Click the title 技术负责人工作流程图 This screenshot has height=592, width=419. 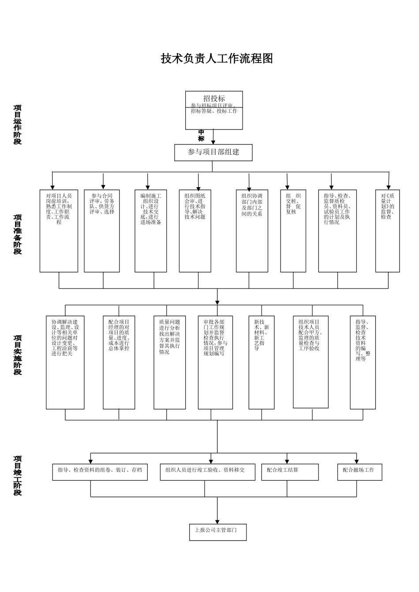coord(217,59)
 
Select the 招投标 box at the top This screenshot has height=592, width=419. coord(214,110)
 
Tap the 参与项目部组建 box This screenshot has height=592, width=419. coord(213,152)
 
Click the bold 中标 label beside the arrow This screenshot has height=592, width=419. coord(201,136)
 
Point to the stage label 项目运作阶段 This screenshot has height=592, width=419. coord(18,125)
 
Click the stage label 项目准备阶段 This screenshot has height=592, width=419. coord(18,234)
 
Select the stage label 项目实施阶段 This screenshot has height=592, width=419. coord(18,355)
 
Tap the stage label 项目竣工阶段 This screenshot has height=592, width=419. coord(18,476)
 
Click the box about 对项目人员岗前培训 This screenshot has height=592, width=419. coord(59,231)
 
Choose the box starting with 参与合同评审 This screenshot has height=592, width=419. coord(102,231)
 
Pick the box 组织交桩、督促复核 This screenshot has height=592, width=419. coord(293,231)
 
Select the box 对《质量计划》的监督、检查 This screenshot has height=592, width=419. coord(388,231)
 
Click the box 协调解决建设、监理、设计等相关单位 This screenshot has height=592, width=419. coord(65,362)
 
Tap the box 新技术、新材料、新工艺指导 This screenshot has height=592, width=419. coord(262,362)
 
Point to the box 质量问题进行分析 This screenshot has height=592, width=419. coord(170,362)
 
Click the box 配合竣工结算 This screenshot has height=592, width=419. coord(290,472)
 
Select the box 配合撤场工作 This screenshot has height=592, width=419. coord(359,472)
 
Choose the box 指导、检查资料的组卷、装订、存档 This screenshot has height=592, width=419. coord(100,472)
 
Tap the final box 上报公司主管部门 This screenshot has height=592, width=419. coord(217,532)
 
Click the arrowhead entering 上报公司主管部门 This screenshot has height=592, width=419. coord(217,521)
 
